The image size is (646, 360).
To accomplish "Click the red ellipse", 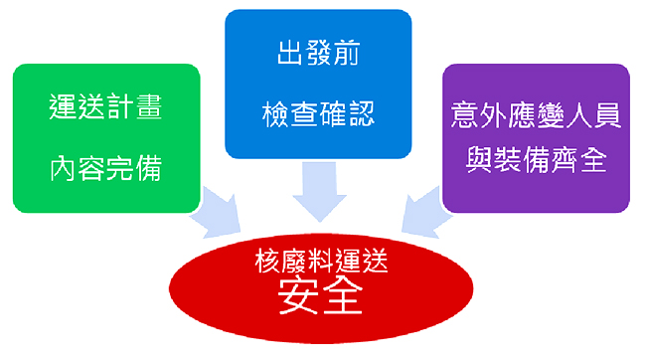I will click(x=318, y=288).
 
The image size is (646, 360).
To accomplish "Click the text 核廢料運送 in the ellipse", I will click(x=318, y=264).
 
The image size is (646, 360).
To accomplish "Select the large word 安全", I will click(x=318, y=299).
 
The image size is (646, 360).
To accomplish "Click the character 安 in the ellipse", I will click(x=297, y=299).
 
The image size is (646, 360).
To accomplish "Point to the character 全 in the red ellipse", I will click(x=340, y=299).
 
